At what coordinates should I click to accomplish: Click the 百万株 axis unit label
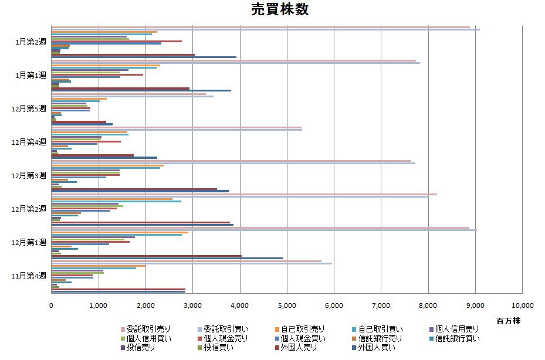point(508,321)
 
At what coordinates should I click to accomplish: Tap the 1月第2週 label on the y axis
point(31,42)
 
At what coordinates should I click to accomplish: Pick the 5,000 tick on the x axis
point(287,305)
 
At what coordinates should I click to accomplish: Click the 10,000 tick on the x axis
point(522,305)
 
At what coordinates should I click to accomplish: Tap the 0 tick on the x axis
point(51,305)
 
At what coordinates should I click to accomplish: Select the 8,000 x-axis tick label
point(428,305)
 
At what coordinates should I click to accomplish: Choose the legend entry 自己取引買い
point(381,329)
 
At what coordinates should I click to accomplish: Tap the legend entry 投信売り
point(138,348)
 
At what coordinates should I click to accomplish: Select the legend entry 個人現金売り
point(225,338)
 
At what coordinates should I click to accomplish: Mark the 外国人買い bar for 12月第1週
point(167,258)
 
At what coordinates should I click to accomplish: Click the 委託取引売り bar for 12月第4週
point(176,127)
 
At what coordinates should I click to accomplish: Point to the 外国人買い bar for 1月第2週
point(144,57)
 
